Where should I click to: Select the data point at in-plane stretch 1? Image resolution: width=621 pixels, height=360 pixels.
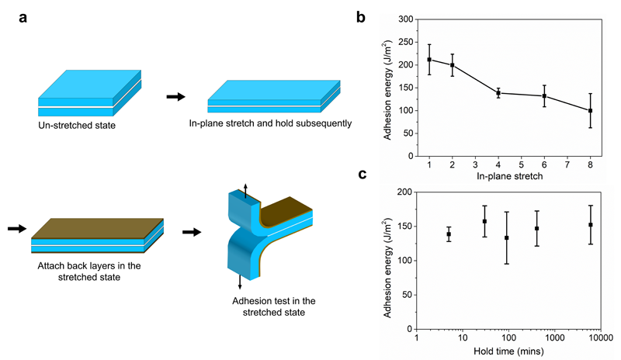tap(429, 60)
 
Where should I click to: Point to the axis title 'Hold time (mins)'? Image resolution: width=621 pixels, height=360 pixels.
tap(509, 351)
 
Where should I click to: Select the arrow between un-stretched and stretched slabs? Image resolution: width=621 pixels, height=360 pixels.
tap(176, 97)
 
